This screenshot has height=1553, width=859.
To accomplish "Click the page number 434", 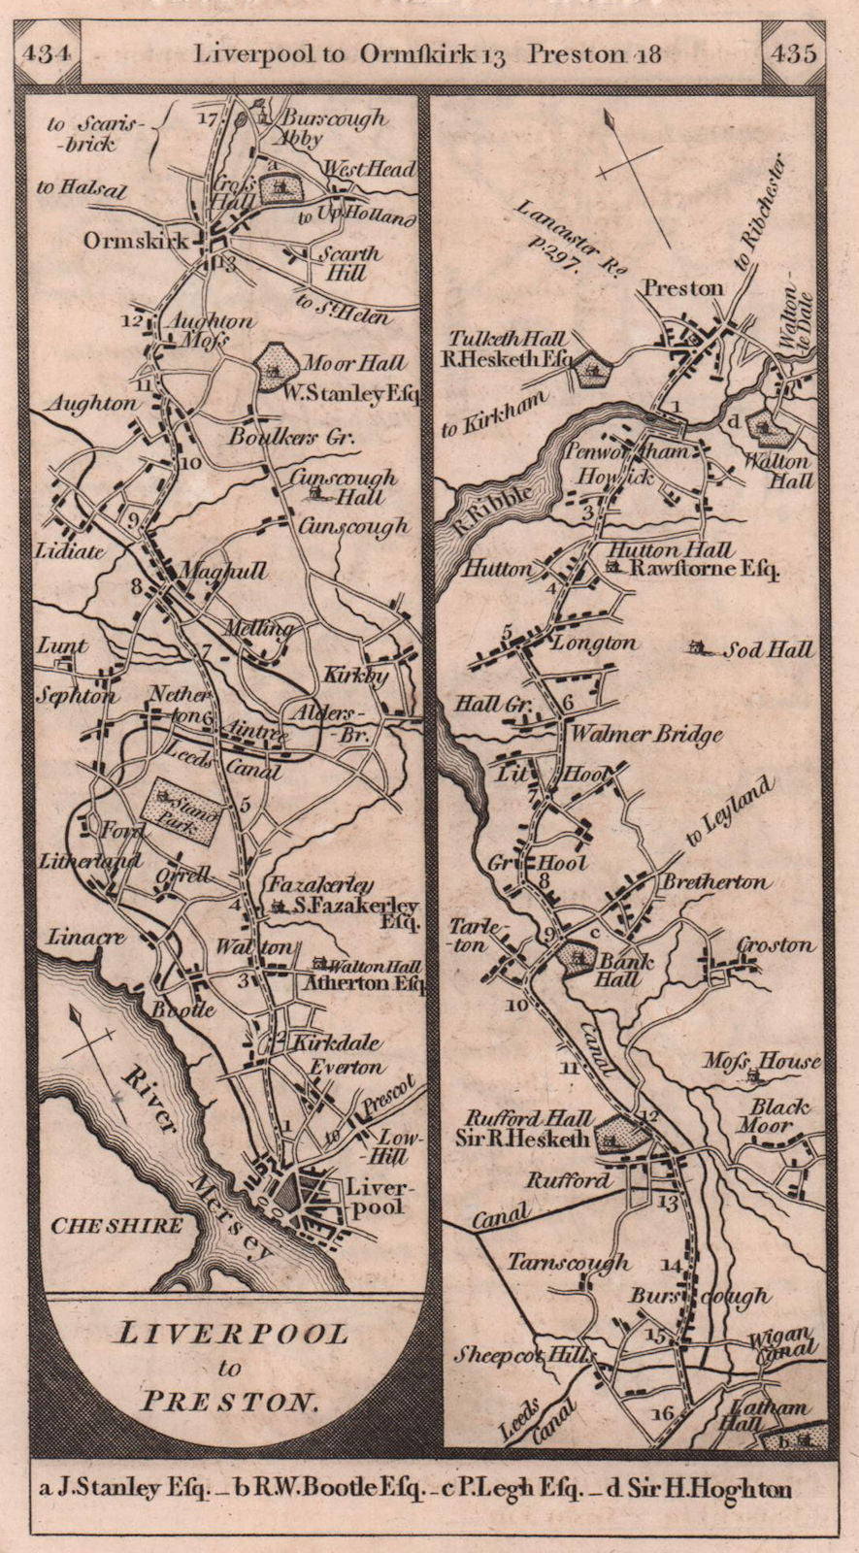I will click(x=46, y=52).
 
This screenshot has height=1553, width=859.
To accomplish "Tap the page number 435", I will click(x=793, y=52).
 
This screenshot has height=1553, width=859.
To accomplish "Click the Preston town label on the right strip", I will click(x=682, y=288).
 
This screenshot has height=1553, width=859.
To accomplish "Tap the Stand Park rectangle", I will click(x=182, y=805).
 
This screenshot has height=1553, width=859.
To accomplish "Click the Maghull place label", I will click(x=232, y=572).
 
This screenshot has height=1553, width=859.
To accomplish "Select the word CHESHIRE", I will click(x=116, y=1225).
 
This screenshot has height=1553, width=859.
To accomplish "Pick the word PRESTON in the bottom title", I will click(x=229, y=1401).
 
